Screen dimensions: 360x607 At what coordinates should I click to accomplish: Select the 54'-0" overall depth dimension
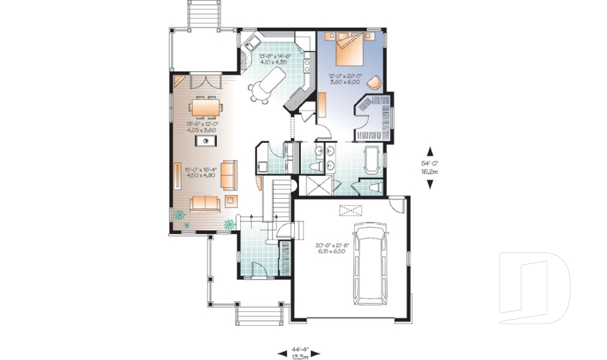[430, 166]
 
